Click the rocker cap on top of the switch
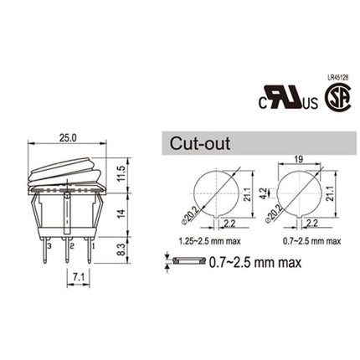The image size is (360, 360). [x=67, y=172]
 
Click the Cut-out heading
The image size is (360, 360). [x=201, y=143]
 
